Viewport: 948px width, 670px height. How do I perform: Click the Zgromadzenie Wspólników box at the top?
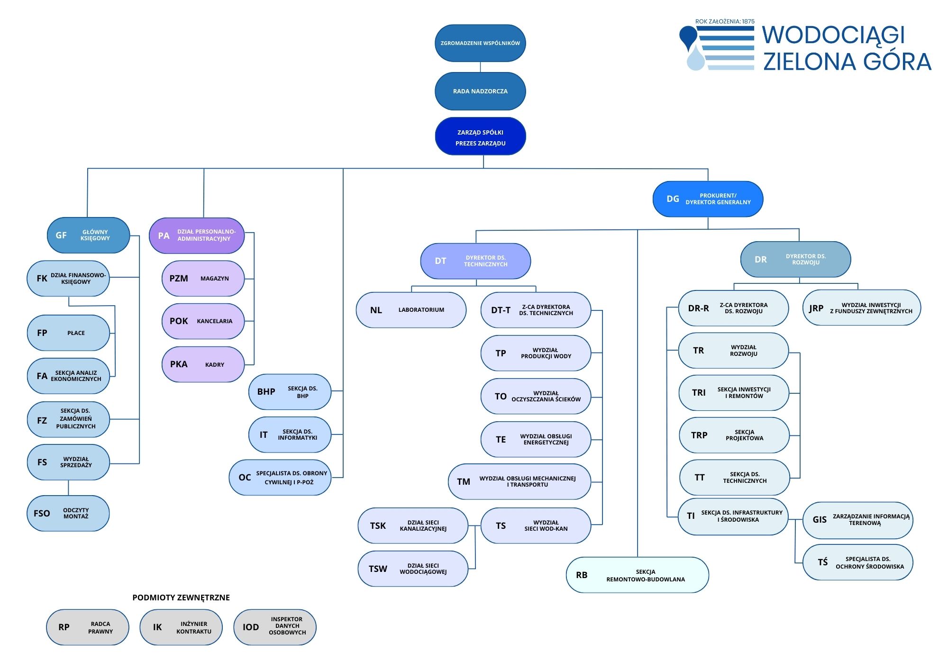[480, 43]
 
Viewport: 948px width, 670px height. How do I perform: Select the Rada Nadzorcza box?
[480, 91]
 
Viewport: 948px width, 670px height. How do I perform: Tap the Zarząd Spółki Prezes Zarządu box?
[480, 136]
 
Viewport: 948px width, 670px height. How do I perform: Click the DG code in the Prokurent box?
[673, 199]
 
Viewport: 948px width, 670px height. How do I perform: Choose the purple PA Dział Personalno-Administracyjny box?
[197, 235]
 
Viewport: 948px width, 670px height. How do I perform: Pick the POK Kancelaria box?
[203, 321]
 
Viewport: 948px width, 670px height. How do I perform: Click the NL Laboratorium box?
[411, 310]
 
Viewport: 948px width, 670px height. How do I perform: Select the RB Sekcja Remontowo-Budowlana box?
[637, 575]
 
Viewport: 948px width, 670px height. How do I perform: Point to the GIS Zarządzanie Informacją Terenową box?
[857, 520]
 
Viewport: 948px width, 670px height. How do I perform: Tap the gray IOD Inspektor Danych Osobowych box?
[275, 627]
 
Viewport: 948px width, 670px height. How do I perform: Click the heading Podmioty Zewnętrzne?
[181, 598]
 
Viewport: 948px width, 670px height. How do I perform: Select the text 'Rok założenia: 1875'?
[725, 21]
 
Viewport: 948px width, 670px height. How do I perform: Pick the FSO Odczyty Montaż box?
[68, 513]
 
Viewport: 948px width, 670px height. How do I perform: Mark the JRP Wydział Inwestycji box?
[861, 308]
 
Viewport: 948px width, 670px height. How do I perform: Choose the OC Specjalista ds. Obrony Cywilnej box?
[280, 478]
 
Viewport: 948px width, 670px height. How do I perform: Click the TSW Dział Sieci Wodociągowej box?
[412, 569]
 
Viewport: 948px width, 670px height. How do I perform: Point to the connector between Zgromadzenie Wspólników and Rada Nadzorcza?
[480, 67]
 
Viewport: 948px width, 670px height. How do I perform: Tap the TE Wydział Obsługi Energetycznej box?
[536, 439]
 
